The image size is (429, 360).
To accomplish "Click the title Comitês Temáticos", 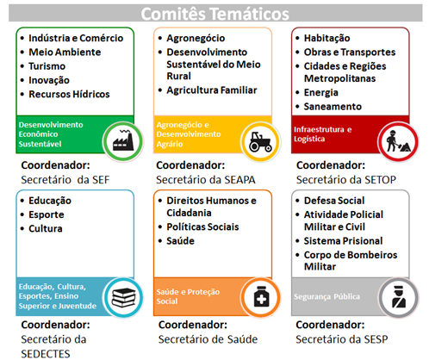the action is click(x=214, y=14).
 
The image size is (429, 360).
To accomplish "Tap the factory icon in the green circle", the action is click(x=123, y=140).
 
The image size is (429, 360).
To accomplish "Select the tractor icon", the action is click(x=260, y=141).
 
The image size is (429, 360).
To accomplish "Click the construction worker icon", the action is click(x=398, y=141).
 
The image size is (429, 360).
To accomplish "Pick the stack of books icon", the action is click(x=123, y=298).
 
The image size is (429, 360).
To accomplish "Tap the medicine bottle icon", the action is click(x=261, y=297).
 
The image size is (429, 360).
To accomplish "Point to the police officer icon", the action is click(x=399, y=297).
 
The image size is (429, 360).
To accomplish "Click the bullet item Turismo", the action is click(x=47, y=66).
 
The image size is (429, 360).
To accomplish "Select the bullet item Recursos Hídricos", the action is click(x=69, y=94).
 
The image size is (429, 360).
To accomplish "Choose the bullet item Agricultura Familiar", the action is click(x=212, y=90).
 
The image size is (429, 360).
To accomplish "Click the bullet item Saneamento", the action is click(x=333, y=107).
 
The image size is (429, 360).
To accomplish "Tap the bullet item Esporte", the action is click(x=46, y=214).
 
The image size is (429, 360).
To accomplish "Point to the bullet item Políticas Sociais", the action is click(x=202, y=227).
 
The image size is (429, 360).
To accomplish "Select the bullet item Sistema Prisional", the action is click(x=343, y=241).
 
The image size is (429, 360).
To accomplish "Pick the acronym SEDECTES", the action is click(x=46, y=354).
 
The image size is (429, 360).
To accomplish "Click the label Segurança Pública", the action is click(x=326, y=296).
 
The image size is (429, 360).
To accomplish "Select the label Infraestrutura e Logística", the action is click(x=323, y=134).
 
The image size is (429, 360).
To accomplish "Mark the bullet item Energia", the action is click(x=320, y=93).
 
